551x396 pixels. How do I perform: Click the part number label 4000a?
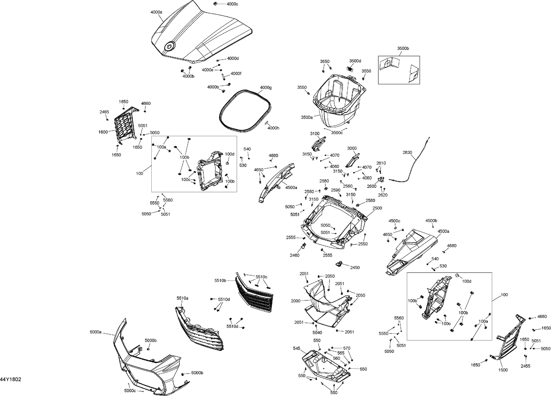click(x=156, y=12)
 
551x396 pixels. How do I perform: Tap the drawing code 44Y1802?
click(x=10, y=379)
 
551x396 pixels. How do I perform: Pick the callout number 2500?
click(x=377, y=208)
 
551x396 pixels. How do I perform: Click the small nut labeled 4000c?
click(x=214, y=4)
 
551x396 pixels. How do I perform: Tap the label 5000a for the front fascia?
click(x=95, y=332)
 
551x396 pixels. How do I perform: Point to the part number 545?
click(x=296, y=348)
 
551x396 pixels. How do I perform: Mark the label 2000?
click(x=295, y=301)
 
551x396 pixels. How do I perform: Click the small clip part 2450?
click(x=339, y=264)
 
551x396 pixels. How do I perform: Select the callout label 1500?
click(x=503, y=370)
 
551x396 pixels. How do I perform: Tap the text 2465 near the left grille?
click(x=104, y=112)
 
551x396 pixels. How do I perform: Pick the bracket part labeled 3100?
click(x=319, y=142)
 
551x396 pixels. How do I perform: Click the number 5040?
click(x=317, y=333)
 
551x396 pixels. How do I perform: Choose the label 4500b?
click(x=431, y=220)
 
